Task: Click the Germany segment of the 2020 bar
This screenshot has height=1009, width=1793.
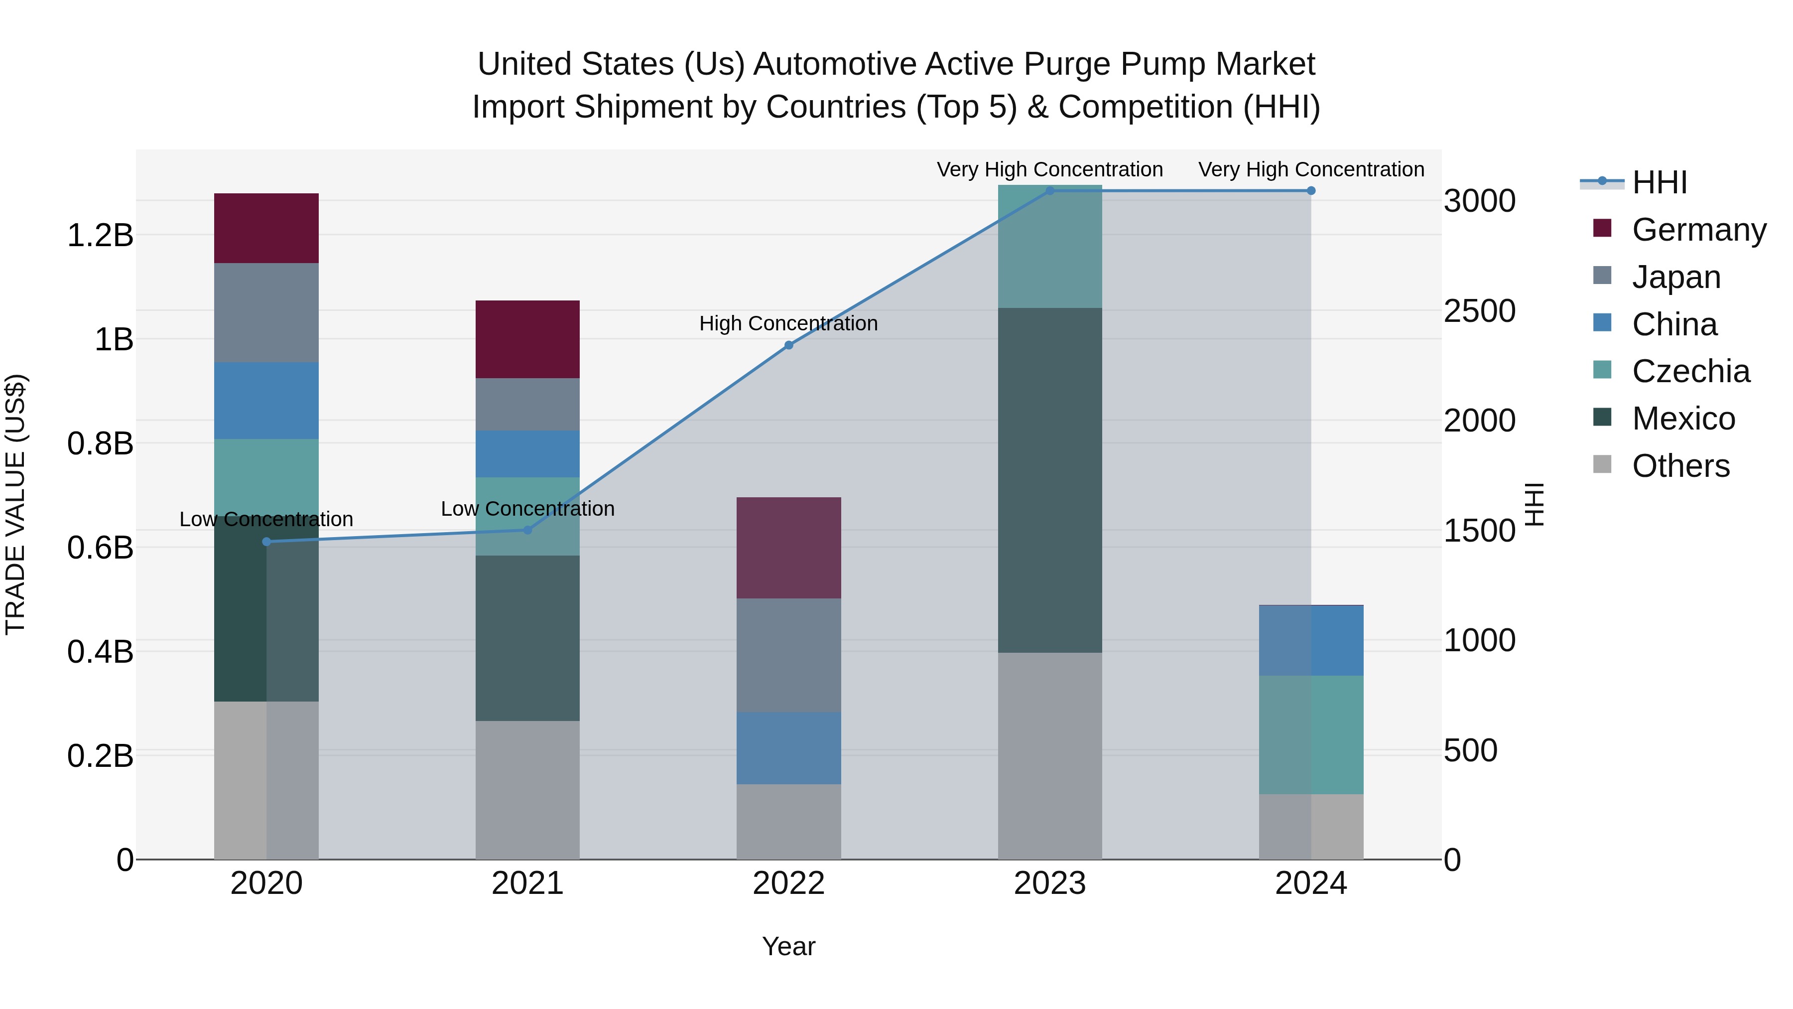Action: [x=266, y=228]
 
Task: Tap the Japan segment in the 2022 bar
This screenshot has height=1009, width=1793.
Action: [x=788, y=655]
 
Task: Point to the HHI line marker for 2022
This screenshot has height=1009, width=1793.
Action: [x=788, y=345]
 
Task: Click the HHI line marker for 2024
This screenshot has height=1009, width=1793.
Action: [x=1311, y=191]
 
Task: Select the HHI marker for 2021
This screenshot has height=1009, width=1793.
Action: [x=527, y=530]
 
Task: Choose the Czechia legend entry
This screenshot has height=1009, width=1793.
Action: [x=1690, y=371]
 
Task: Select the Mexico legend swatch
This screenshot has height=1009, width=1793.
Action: [x=1602, y=418]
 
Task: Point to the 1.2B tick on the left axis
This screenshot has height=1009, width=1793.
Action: [x=100, y=235]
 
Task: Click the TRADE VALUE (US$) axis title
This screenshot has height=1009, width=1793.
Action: [x=16, y=504]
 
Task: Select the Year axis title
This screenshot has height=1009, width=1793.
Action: [x=788, y=946]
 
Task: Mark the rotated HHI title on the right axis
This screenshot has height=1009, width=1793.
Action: [x=1534, y=504]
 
